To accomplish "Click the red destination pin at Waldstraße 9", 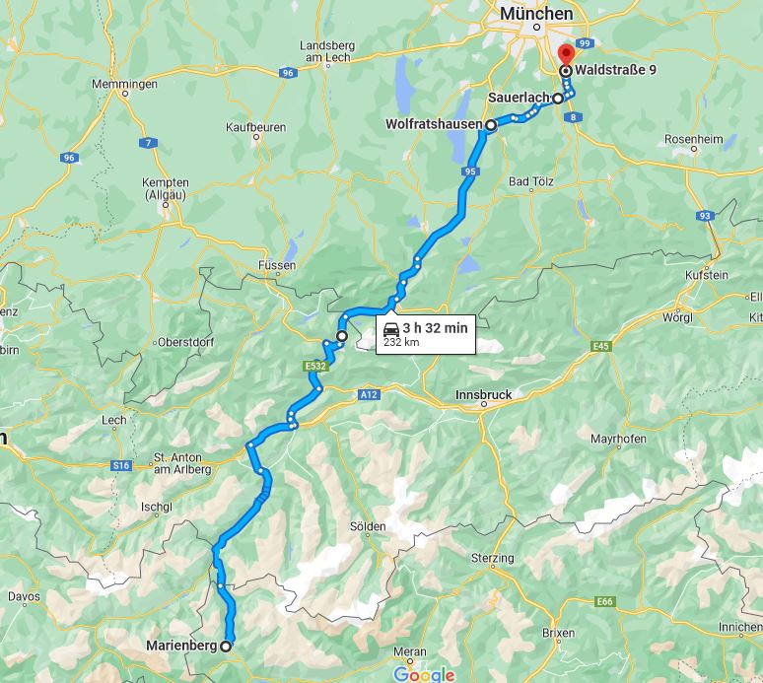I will click(565, 54).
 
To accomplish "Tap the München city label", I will click(535, 14).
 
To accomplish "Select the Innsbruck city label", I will click(483, 394).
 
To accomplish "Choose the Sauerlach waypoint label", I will click(519, 99).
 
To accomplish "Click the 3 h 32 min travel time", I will click(435, 327).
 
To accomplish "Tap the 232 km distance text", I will click(401, 343).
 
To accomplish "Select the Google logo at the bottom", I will click(424, 674).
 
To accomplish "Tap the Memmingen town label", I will click(124, 85).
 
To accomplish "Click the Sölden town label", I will click(368, 527).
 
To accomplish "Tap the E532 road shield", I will click(314, 367).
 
